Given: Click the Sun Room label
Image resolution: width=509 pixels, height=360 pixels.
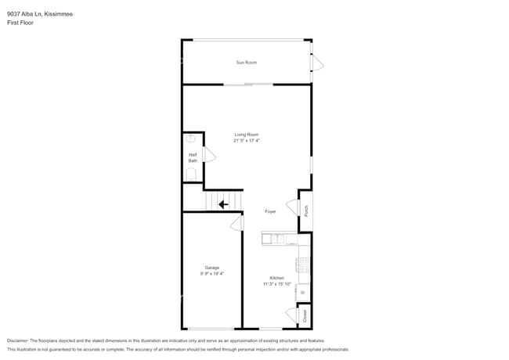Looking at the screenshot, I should click(x=247, y=62).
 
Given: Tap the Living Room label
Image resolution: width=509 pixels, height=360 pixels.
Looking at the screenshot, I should click(x=247, y=135).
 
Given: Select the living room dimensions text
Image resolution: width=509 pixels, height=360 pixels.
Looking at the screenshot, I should click(x=247, y=141).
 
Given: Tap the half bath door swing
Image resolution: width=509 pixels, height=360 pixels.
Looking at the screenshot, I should click(x=209, y=154).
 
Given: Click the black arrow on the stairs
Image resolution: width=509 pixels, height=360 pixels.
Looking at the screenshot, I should click(x=223, y=204).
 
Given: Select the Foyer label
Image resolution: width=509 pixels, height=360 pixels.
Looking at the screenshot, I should click(x=270, y=211).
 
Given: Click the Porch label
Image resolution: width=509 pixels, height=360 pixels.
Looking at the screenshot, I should click(x=306, y=211).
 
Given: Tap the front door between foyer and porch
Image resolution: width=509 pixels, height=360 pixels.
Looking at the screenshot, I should click(x=292, y=207).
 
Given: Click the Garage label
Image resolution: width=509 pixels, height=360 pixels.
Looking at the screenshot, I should click(x=212, y=267).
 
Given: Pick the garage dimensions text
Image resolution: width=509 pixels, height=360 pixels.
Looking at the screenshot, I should click(x=212, y=273).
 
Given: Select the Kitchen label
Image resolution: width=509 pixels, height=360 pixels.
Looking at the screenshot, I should click(x=277, y=278).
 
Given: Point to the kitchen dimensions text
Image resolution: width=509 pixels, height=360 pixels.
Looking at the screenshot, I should click(x=277, y=284).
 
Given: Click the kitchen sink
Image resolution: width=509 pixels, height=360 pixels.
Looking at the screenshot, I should click(x=276, y=238).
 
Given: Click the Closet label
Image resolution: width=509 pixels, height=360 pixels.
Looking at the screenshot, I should click(x=305, y=315).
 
